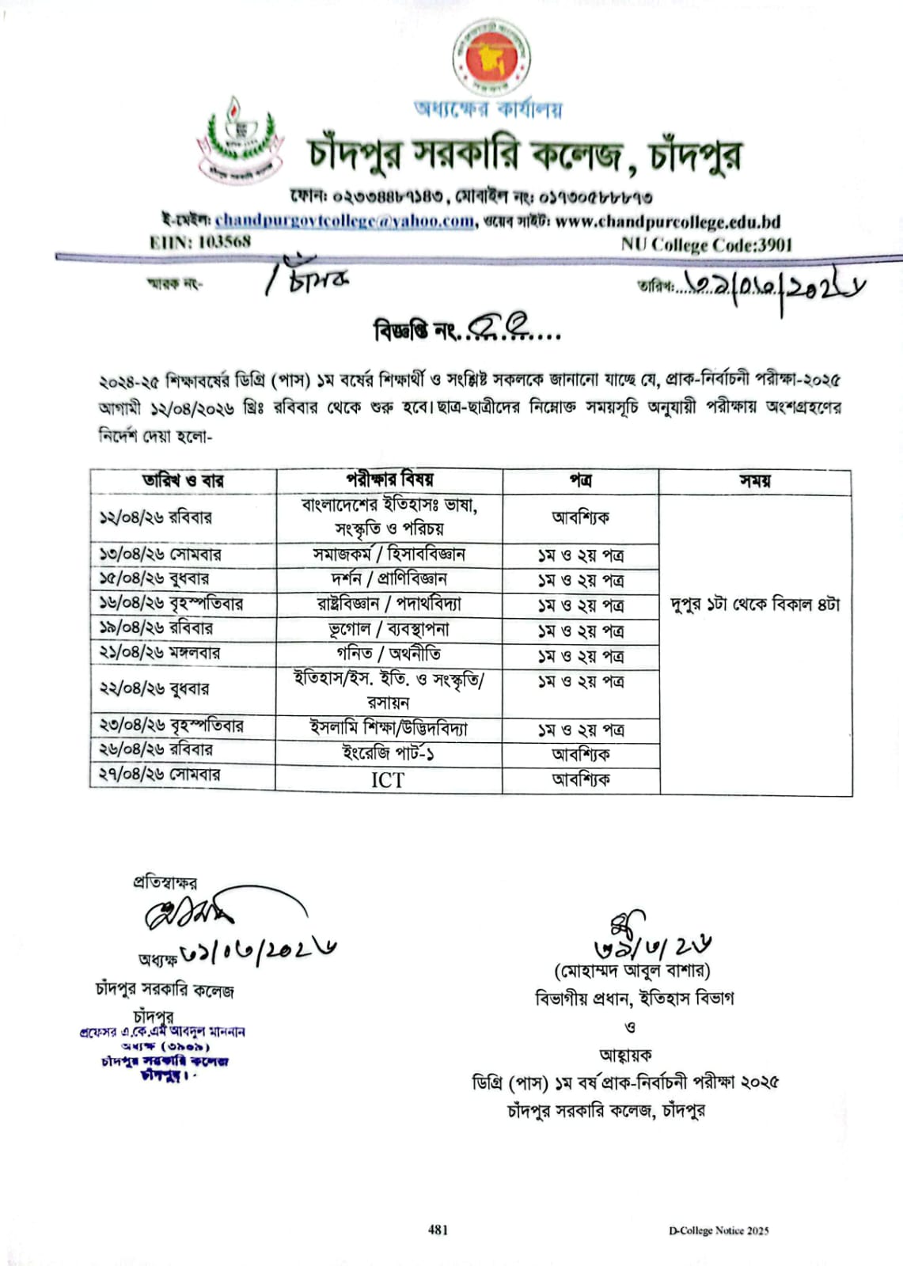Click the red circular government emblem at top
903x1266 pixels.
(491, 60)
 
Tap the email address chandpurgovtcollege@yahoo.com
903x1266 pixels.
(345, 221)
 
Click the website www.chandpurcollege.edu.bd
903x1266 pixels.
(667, 222)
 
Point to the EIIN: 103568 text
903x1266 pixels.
(199, 241)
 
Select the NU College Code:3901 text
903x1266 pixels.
(706, 244)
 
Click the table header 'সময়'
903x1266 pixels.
(754, 480)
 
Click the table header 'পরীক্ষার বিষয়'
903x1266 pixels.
(389, 479)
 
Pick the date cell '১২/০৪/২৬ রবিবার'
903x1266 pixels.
(155, 517)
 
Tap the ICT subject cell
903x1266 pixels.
(388, 780)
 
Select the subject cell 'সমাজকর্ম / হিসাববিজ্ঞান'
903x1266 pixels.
(389, 554)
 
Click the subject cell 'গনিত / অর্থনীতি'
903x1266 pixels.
(389, 654)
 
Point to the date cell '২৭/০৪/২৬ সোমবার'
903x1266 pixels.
(160, 774)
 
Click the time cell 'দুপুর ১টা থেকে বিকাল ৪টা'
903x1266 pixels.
(754, 605)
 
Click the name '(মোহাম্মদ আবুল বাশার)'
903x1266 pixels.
(632, 970)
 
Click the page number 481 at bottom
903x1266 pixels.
(438, 1229)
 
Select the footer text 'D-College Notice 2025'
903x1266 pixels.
(718, 1230)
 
